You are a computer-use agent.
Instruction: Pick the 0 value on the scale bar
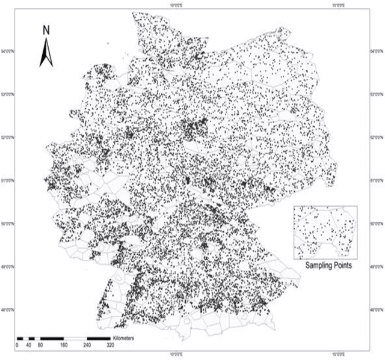coord(17,346)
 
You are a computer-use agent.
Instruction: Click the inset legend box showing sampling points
coord(325,232)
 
